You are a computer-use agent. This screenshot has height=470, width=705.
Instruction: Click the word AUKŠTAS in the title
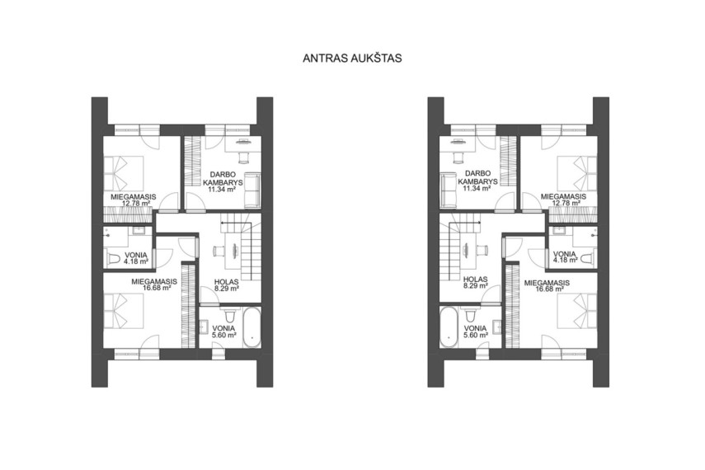pos(376,58)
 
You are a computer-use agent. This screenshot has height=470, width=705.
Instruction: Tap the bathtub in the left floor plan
pos(251,327)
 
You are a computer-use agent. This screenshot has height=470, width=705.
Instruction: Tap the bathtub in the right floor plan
pos(449,327)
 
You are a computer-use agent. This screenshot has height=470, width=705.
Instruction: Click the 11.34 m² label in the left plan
pos(224,190)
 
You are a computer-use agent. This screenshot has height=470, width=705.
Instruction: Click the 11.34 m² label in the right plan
pos(477,189)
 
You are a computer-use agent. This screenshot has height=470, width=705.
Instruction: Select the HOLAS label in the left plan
pos(226,282)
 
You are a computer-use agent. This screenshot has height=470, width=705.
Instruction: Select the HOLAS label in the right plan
pos(475,280)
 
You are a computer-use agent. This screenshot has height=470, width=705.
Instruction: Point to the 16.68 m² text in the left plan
pos(157,289)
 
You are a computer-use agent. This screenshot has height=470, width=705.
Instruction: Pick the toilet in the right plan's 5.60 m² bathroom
pos(471,313)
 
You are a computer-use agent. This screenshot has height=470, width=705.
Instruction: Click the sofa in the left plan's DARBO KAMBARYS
pos(252,190)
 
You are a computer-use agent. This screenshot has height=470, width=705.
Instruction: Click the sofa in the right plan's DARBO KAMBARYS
pos(449,190)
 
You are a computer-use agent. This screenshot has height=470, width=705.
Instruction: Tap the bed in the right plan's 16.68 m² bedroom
pos(577,313)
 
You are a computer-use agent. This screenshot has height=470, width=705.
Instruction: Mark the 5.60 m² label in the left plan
pos(224,335)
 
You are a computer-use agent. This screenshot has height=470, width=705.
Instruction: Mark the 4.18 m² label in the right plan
pos(565,260)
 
